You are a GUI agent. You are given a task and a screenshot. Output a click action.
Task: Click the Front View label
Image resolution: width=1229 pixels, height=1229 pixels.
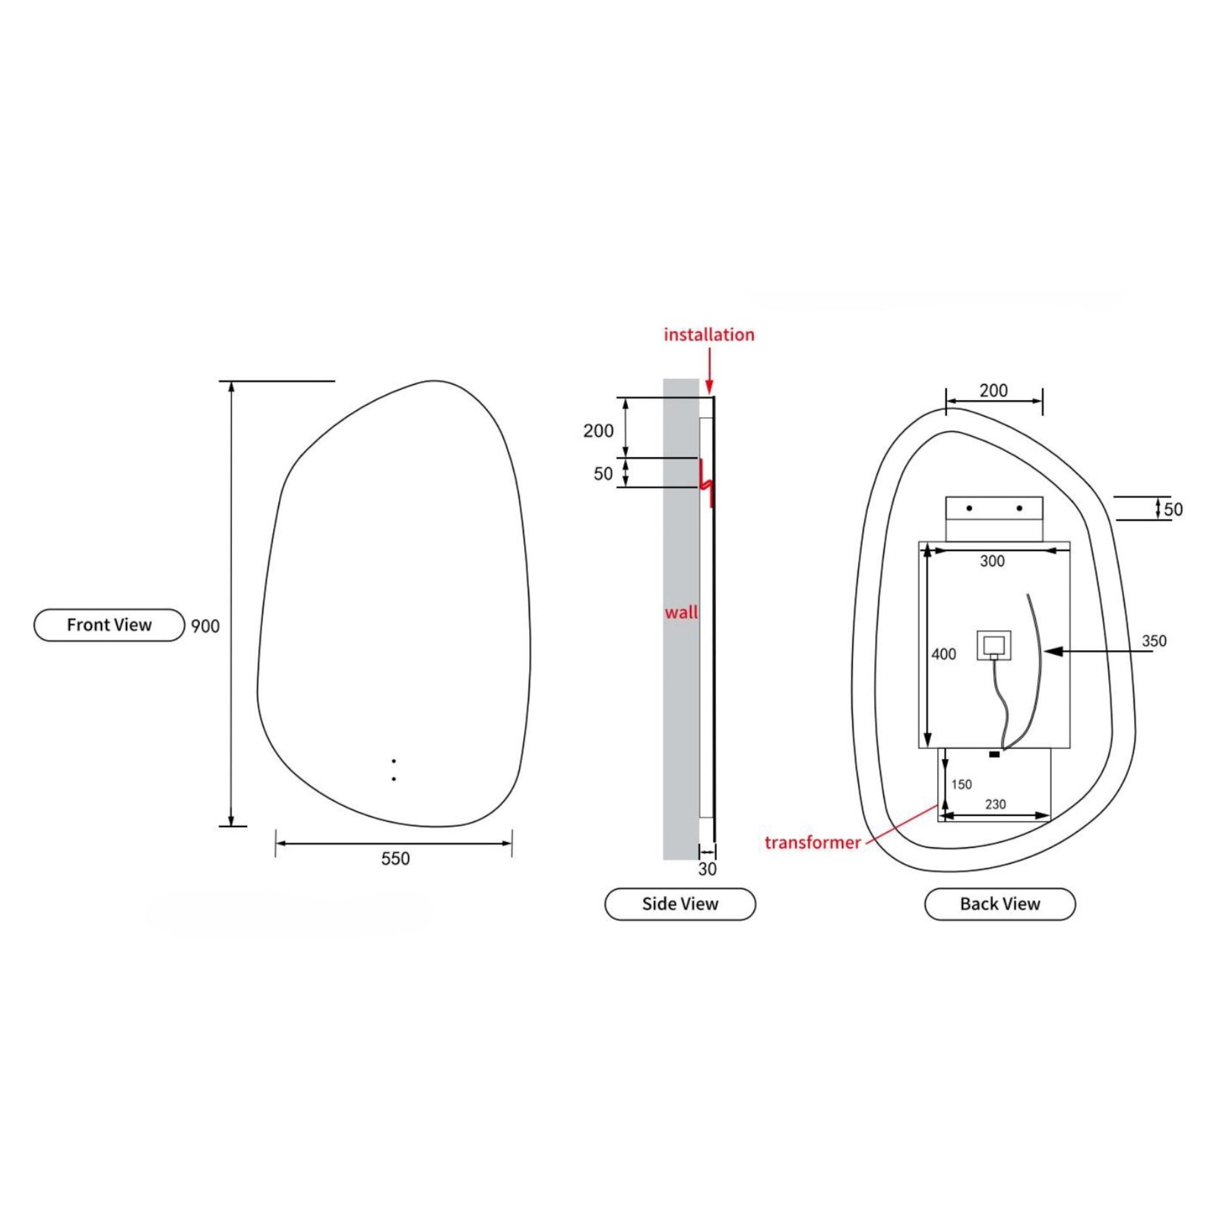[x=109, y=625]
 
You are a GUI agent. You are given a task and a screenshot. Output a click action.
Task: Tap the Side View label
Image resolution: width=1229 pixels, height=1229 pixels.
[x=680, y=904]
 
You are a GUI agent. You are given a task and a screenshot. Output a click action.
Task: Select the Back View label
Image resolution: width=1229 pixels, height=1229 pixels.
[x=1000, y=904]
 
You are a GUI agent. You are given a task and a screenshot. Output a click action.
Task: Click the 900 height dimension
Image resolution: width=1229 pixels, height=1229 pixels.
[x=205, y=626]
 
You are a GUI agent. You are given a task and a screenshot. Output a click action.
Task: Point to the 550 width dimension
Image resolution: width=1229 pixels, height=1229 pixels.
[x=395, y=858]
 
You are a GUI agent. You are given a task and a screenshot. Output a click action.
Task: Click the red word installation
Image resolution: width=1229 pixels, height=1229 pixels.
[x=709, y=335]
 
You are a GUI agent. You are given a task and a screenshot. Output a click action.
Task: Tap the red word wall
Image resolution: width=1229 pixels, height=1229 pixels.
[x=681, y=612]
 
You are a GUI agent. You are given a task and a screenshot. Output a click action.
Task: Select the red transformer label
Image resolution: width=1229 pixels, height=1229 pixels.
[x=813, y=843]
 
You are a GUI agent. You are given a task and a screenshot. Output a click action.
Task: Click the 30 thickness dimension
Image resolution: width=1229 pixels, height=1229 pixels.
[x=708, y=869]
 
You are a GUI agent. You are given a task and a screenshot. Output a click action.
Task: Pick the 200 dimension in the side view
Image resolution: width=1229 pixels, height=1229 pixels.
[x=598, y=431]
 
